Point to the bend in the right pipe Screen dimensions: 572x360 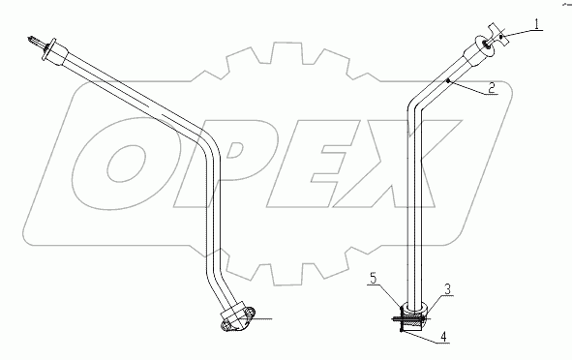pyautogui.click(x=418, y=105)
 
